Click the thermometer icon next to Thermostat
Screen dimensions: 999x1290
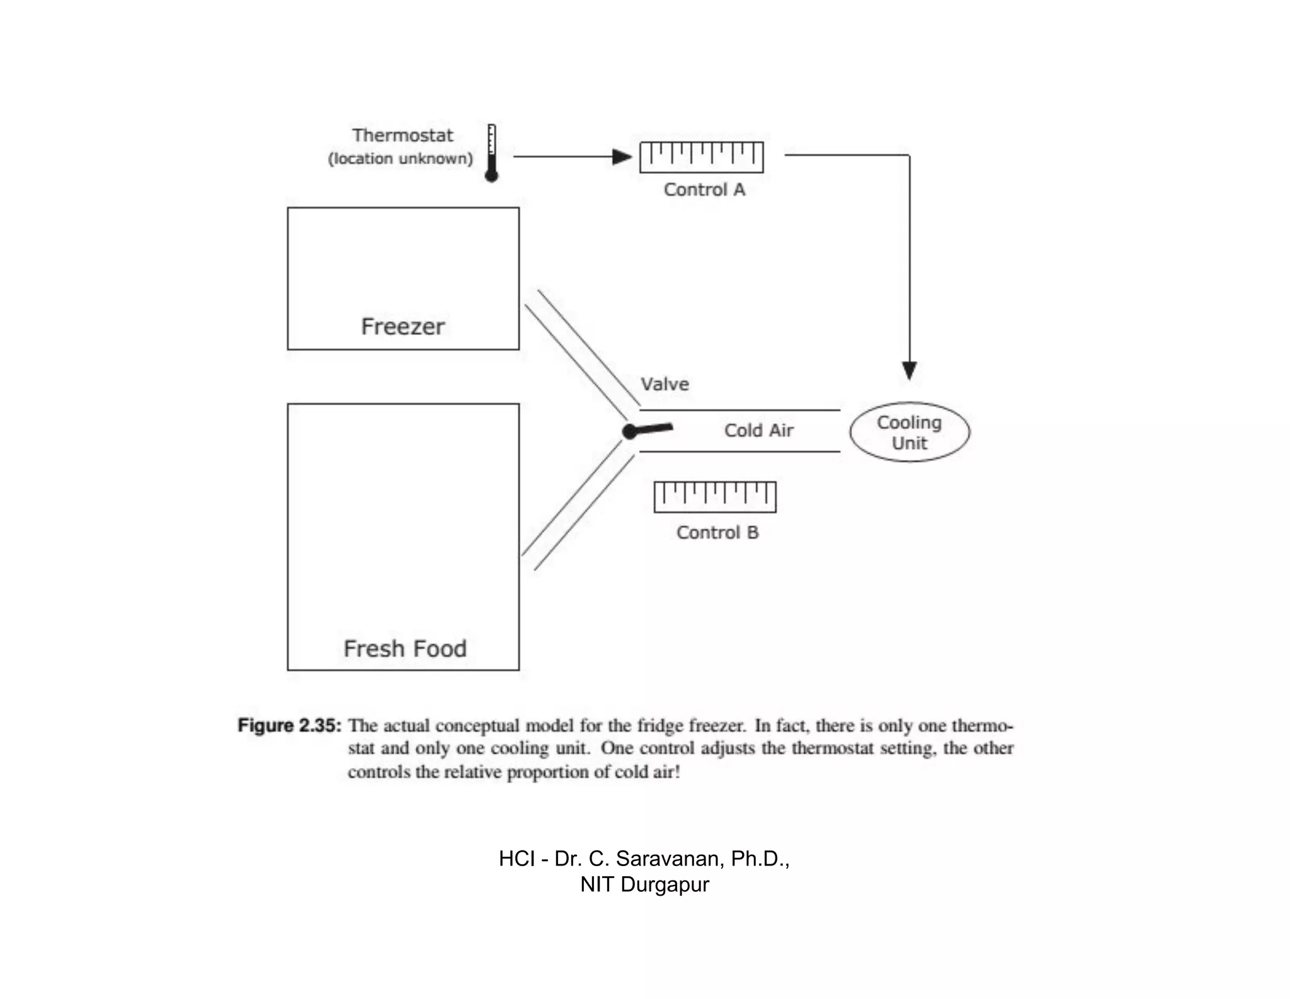(x=491, y=151)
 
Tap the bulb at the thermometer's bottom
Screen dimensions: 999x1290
(x=491, y=175)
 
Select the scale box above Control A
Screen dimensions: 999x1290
(x=701, y=157)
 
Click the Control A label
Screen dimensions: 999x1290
(x=704, y=190)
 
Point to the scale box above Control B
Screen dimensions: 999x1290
(x=715, y=496)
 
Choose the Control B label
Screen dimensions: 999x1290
(x=717, y=533)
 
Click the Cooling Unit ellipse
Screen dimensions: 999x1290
(x=910, y=432)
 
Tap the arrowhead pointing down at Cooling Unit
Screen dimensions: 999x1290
(x=909, y=370)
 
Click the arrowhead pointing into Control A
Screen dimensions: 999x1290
(x=622, y=157)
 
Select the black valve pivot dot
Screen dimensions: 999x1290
(x=629, y=431)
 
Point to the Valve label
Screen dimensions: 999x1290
(x=665, y=384)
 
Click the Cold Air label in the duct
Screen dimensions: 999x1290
(x=758, y=431)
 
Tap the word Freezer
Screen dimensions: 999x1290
(x=403, y=327)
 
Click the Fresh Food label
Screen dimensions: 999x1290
(x=405, y=649)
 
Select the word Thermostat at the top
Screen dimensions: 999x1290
(x=402, y=135)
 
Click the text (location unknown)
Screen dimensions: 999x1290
(x=400, y=159)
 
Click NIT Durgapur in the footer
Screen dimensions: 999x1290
(x=644, y=884)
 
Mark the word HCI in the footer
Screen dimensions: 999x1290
(x=517, y=859)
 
